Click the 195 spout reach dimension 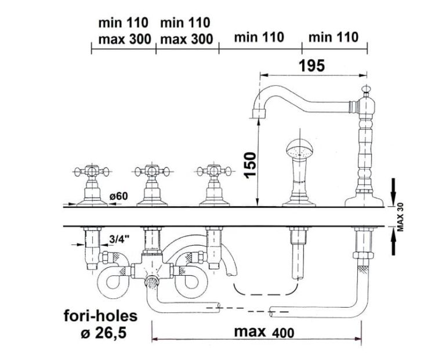[x=311, y=66]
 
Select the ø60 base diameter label [x=118, y=196]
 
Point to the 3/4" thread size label [x=119, y=239]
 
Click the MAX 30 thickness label [x=400, y=217]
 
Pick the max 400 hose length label [x=264, y=332]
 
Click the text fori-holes [x=101, y=316]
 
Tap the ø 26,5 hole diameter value [x=103, y=333]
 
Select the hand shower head [x=300, y=149]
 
